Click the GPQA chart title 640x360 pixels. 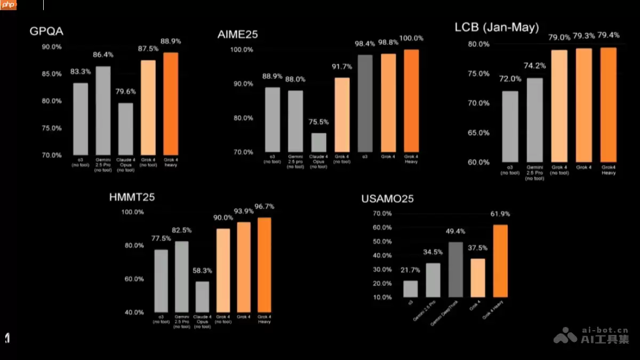[46, 31]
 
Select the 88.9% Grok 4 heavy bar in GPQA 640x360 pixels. [171, 103]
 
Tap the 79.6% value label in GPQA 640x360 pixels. [126, 92]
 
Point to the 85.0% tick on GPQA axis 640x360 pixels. [52, 74]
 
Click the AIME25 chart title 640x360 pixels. [238, 35]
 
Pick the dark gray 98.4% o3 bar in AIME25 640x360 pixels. [365, 103]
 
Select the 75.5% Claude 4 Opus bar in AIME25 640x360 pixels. [319, 142]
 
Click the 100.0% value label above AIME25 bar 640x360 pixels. [412, 38]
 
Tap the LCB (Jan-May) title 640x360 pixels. [497, 27]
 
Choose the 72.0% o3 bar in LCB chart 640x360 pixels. [510, 126]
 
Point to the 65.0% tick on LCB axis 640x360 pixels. [479, 133]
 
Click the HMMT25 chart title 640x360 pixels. [132, 198]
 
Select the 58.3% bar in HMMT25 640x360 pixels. [202, 297]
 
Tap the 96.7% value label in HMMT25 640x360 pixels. [265, 206]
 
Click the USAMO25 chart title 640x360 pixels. [387, 199]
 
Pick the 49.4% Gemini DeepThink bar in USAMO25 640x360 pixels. [456, 269]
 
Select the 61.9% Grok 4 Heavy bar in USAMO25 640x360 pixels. [501, 261]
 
